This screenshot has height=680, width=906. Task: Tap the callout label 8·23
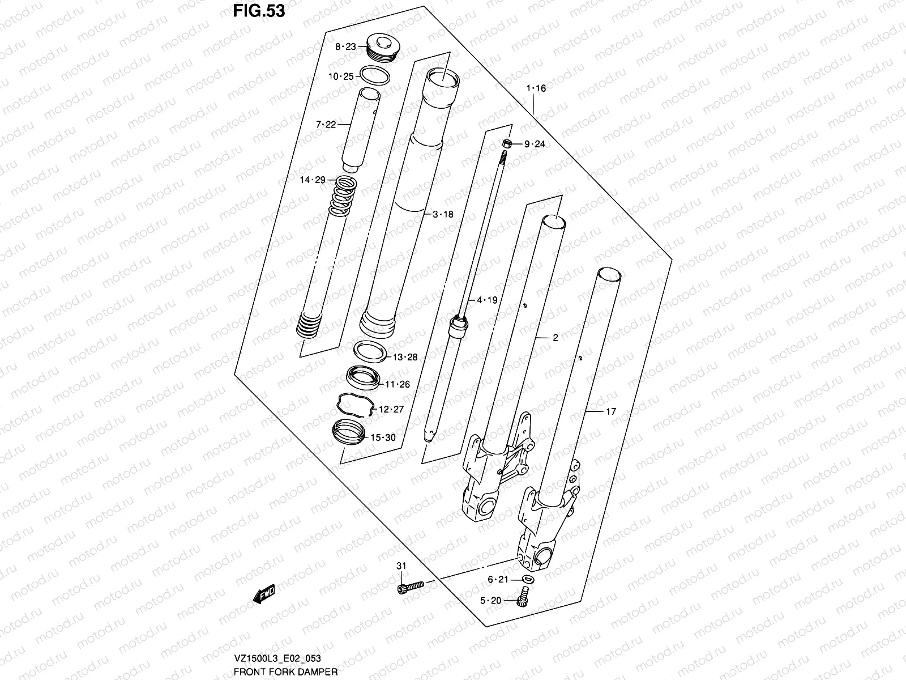pyautogui.click(x=345, y=47)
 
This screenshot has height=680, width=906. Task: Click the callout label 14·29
pyautogui.click(x=313, y=180)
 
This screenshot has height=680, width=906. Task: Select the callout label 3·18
pyautogui.click(x=443, y=214)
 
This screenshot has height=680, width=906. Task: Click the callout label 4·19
pyautogui.click(x=487, y=300)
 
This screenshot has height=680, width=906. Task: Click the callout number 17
pyautogui.click(x=610, y=412)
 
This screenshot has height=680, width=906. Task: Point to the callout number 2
pyautogui.click(x=555, y=338)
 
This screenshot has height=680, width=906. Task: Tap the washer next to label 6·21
pyautogui.click(x=528, y=579)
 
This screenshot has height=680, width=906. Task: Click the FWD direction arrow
pyautogui.click(x=264, y=594)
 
